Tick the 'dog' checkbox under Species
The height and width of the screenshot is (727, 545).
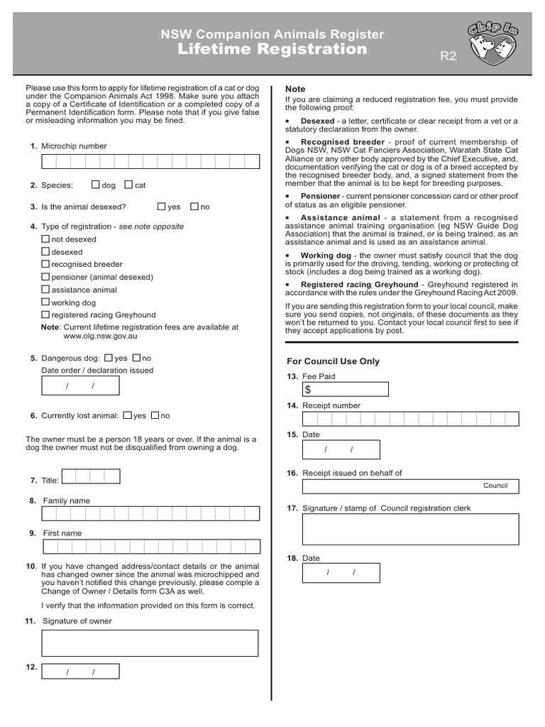pos(96,185)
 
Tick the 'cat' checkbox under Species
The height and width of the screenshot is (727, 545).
pos(128,185)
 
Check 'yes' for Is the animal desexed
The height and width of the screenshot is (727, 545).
pos(161,207)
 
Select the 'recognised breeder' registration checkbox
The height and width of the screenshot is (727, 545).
pos(46,264)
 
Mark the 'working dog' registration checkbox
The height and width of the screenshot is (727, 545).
pos(46,302)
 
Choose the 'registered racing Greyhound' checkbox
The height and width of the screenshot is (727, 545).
pos(46,315)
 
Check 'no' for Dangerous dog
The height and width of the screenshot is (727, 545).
pos(137,358)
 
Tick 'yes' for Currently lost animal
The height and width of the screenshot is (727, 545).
pos(127,415)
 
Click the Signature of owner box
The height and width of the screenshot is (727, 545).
pos(150,643)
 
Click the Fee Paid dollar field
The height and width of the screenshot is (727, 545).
pos(346,389)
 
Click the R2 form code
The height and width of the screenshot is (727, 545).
pos(448,57)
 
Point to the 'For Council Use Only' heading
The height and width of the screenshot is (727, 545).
pos(333,361)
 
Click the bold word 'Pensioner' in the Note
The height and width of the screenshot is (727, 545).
pos(320,195)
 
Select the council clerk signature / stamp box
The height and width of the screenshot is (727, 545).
pos(410,530)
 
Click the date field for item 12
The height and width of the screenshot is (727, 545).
pos(80,672)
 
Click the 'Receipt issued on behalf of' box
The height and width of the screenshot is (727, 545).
pos(410,486)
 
